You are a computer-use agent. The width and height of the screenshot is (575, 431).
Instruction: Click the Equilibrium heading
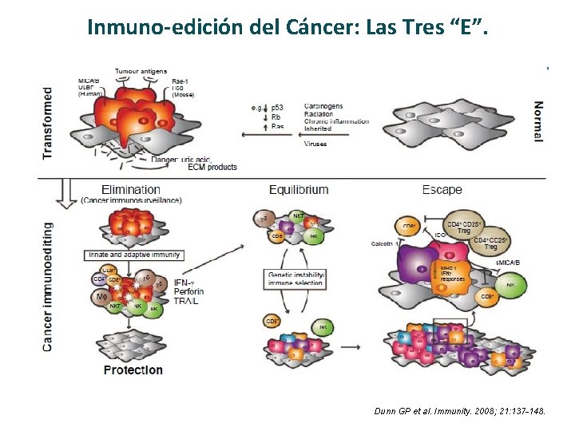(x=299, y=190)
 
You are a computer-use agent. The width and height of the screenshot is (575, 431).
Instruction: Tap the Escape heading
(x=442, y=190)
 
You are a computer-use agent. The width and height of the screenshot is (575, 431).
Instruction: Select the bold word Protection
(x=133, y=370)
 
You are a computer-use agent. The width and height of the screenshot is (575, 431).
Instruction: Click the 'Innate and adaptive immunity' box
(x=133, y=255)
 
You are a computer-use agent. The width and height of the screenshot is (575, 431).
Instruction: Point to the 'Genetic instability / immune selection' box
(x=296, y=279)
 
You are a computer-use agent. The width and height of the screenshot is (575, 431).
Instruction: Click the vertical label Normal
(x=538, y=121)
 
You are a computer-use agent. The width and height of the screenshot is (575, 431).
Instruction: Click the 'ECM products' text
(x=212, y=167)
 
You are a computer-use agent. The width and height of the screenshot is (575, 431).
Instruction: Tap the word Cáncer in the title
(x=307, y=28)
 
